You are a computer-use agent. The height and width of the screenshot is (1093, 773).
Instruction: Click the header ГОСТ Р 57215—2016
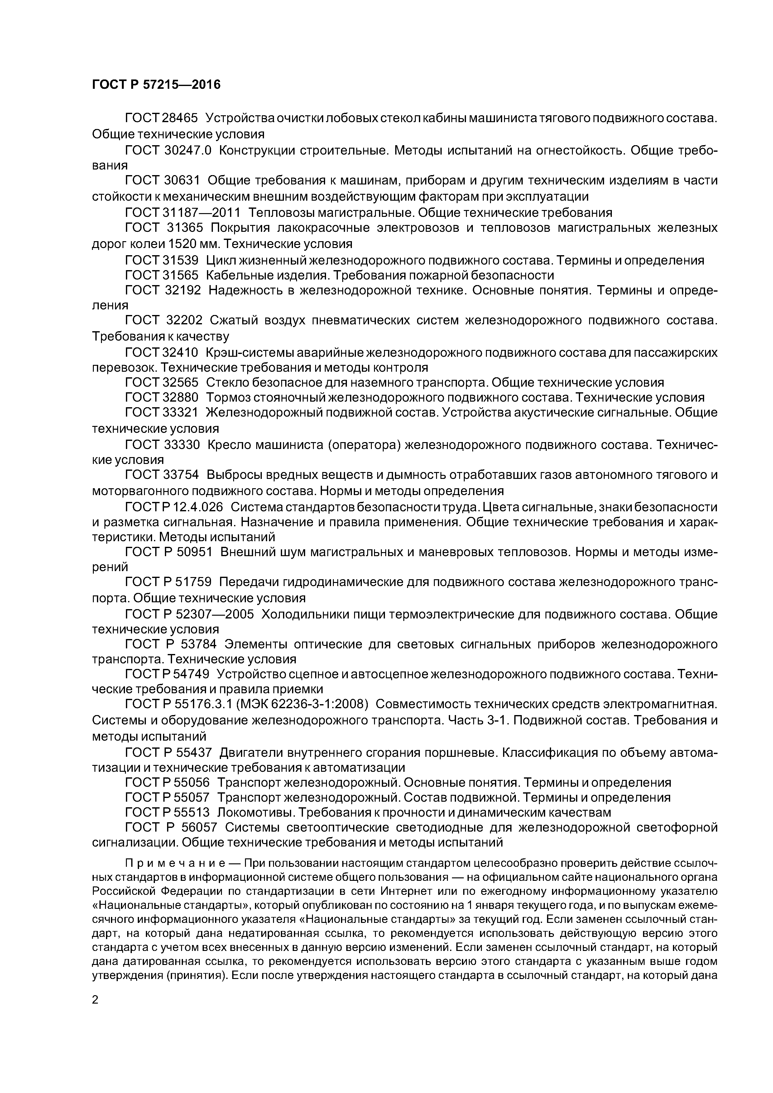[x=156, y=85]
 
